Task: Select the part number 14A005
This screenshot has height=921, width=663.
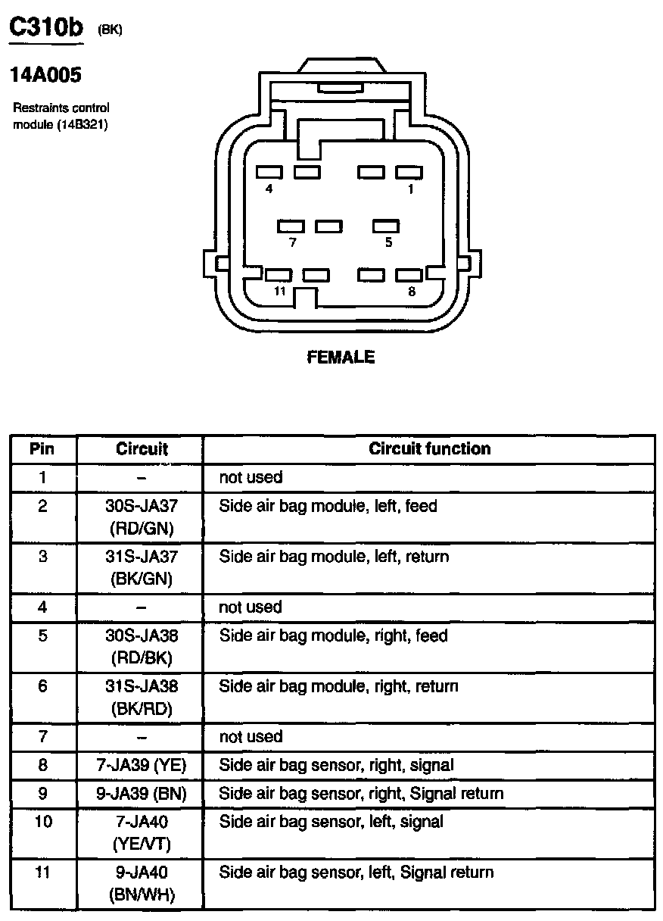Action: coord(45,75)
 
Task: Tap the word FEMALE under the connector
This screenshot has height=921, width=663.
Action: coord(341,357)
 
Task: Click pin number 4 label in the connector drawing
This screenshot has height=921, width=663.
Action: coord(269,189)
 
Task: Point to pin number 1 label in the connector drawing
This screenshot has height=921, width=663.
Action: coord(411,189)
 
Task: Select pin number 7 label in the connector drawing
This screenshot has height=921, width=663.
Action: coord(292,243)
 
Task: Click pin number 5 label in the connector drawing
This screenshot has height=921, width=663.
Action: coord(388,243)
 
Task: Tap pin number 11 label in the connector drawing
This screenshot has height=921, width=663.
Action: coord(280,292)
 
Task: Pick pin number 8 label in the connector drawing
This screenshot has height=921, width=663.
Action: coord(411,292)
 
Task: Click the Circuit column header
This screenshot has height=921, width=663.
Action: coord(142,448)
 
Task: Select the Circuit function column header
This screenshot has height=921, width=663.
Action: coord(429,448)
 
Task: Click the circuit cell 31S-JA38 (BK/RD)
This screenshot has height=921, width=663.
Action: coord(142,698)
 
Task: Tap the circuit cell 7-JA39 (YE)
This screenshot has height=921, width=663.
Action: coord(142,766)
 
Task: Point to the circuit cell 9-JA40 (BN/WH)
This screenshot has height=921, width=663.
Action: coord(142,884)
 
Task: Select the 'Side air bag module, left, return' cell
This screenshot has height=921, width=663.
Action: coord(334,557)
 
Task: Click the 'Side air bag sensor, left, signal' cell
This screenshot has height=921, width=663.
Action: coord(331,821)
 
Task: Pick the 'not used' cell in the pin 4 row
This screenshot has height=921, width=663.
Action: coord(251,607)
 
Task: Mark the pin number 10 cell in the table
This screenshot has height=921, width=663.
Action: coord(43,821)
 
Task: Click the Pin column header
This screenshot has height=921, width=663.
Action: coord(42,448)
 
